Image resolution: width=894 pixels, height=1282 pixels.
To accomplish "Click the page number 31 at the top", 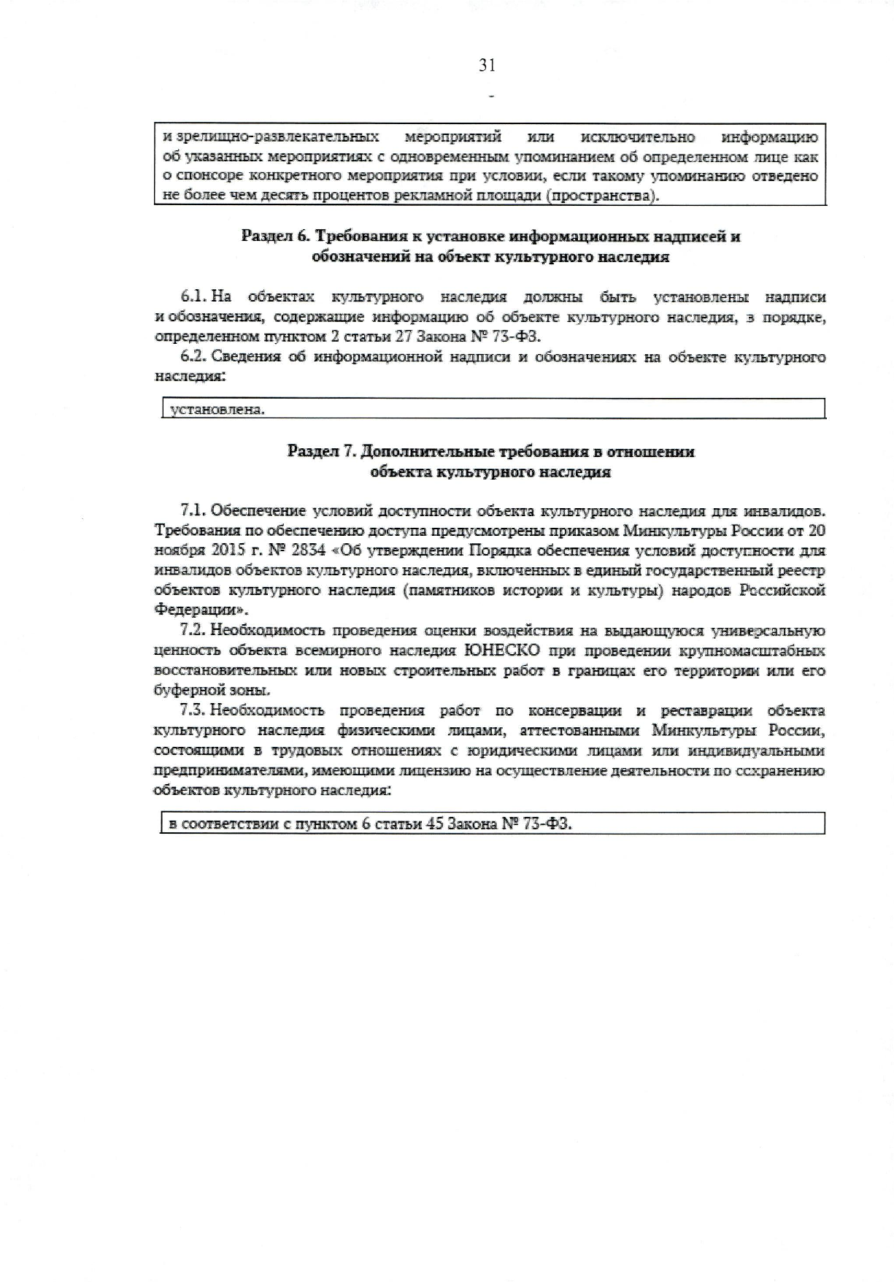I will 487,66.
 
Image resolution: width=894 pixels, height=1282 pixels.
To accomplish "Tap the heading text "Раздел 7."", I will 322,451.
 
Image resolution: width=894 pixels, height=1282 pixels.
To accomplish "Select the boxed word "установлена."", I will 217,410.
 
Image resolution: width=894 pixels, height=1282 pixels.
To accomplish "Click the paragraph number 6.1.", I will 193,297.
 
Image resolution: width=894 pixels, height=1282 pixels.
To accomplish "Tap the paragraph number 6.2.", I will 193,357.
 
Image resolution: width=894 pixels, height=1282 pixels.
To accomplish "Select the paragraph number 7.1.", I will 193,510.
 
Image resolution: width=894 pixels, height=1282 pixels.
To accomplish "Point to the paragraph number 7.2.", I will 193,631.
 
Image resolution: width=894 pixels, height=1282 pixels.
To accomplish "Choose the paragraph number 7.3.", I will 193,710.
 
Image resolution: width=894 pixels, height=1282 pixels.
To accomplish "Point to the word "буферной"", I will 184,690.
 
